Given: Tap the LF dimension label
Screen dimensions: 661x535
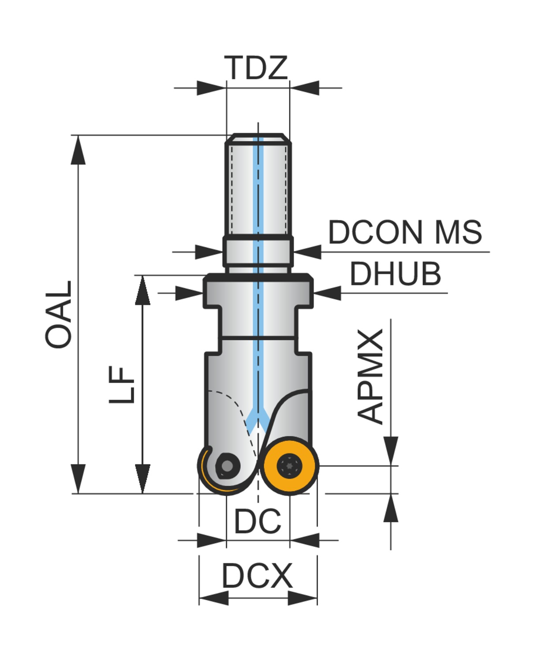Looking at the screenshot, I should [122, 384].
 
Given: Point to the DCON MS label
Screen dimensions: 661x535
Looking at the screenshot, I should [405, 232].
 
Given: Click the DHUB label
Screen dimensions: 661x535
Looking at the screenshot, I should [395, 274].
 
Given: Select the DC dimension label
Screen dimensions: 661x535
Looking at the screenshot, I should [258, 521].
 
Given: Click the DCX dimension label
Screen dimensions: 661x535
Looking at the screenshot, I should [258, 576].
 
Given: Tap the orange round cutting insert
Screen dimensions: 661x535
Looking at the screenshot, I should [290, 465].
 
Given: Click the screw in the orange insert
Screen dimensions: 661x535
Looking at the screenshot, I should [290, 465].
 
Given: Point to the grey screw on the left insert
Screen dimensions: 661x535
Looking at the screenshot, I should [227, 465].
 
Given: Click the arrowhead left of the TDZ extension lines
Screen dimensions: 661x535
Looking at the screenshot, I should [211, 88].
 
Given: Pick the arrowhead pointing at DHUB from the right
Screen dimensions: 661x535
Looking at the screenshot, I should [327, 293].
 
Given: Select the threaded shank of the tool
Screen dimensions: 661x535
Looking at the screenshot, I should [258, 185].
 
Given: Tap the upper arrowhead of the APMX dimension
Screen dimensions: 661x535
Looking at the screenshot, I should [391, 450].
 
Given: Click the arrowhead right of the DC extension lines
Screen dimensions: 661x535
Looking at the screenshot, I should [304, 540].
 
